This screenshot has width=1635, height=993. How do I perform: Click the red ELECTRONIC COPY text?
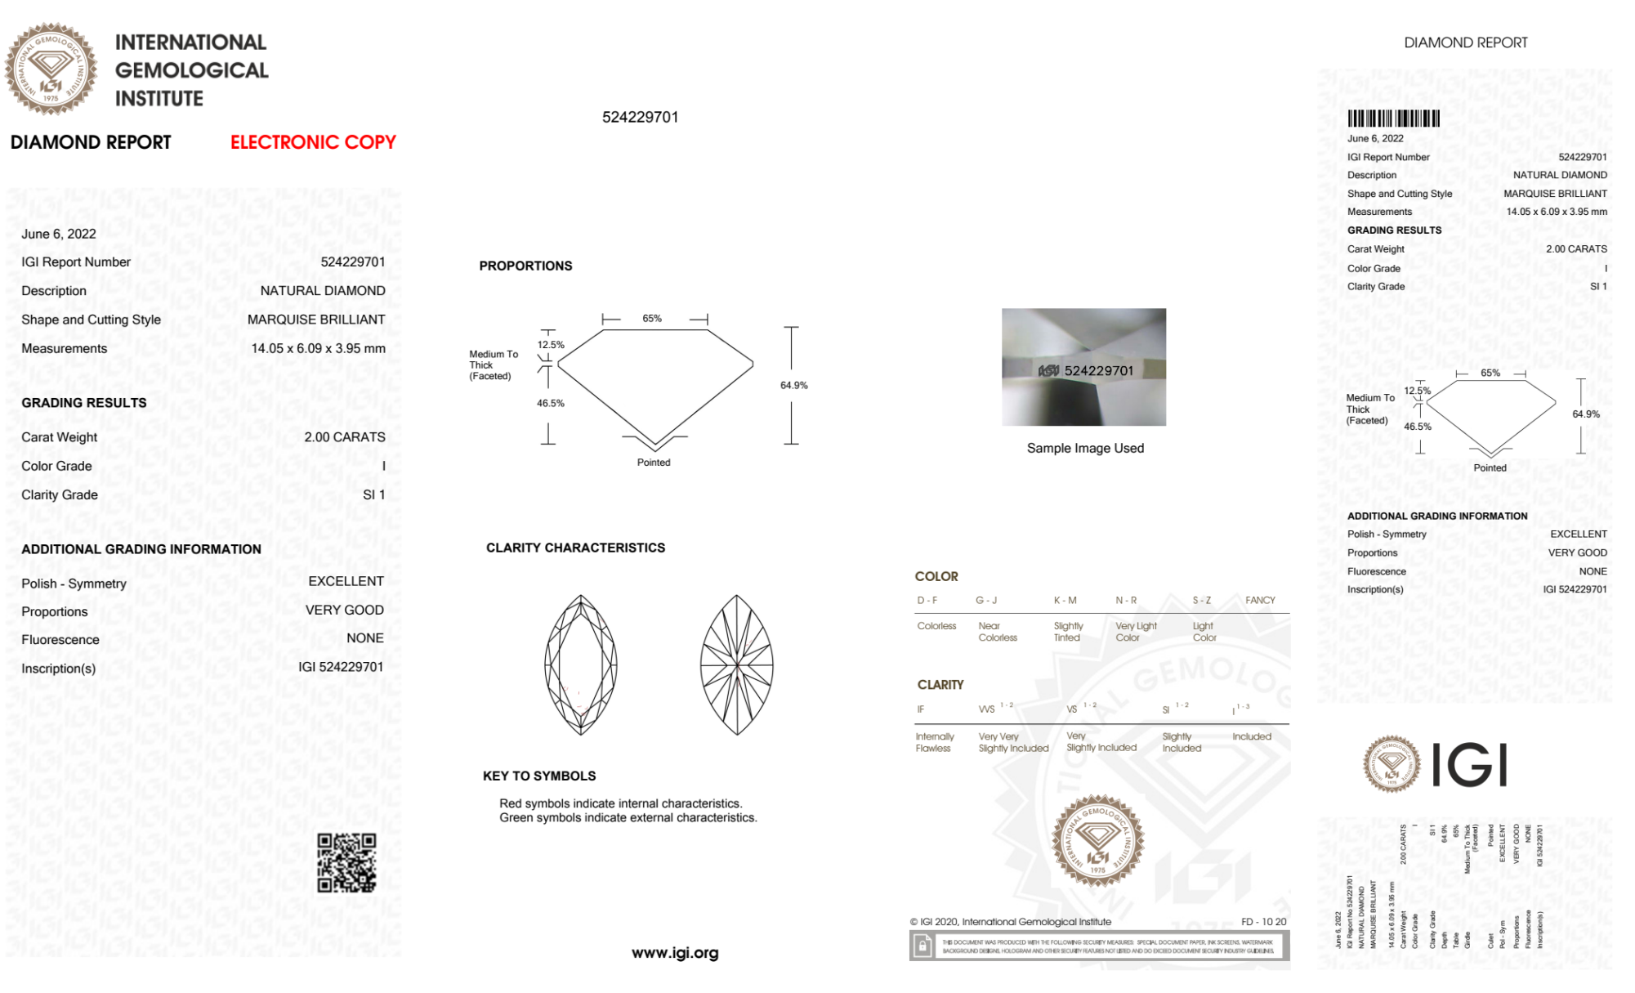313,142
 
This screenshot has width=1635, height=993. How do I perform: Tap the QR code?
346,863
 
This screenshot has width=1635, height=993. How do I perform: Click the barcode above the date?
1393,119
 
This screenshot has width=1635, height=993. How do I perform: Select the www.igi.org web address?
675,953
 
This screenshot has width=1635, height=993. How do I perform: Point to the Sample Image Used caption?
1085,448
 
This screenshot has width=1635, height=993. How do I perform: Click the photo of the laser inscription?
1083,367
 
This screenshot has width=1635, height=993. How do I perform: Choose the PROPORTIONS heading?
525,266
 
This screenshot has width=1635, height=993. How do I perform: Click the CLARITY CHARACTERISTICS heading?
575,548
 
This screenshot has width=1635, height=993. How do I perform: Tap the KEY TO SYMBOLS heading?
539,776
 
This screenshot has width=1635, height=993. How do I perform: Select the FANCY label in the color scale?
1260,600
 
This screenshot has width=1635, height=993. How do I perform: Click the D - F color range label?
927,600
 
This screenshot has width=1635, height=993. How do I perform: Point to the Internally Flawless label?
934,742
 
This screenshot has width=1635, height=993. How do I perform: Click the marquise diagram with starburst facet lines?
736,664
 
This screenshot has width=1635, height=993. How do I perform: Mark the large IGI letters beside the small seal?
1470,765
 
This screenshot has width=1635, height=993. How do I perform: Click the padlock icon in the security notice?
922,946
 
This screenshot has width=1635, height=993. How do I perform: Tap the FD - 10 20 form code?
1263,922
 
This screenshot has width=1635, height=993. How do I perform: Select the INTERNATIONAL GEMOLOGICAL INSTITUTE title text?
191,70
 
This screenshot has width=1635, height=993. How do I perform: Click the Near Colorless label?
998,632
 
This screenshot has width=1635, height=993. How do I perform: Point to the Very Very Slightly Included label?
1013,742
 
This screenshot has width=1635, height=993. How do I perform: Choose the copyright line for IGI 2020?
1011,922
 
